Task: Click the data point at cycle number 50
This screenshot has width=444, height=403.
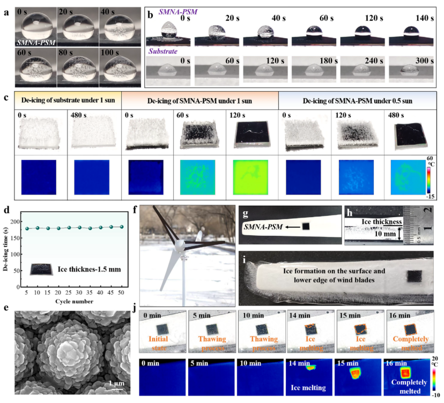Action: click(122, 227)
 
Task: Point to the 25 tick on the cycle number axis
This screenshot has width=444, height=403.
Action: click(69, 293)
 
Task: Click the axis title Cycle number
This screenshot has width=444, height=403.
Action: click(74, 301)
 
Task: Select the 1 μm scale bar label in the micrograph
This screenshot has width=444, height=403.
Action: click(117, 383)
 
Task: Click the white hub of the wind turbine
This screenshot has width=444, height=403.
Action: click(179, 245)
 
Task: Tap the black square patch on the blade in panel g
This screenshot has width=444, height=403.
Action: click(306, 226)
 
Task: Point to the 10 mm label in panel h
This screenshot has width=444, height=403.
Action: click(385, 234)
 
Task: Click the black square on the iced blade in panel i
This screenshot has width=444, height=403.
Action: click(415, 276)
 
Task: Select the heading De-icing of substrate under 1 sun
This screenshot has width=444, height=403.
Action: click(68, 100)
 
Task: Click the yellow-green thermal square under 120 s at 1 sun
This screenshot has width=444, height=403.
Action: click(250, 177)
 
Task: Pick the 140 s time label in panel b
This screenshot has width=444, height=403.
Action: click(425, 18)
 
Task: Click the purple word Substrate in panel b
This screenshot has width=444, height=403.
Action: click(163, 51)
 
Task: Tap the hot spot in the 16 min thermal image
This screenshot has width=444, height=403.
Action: click(405, 373)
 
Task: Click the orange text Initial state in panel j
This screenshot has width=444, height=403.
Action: click(158, 344)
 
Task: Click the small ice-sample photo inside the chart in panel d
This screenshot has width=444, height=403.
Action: click(41, 270)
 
